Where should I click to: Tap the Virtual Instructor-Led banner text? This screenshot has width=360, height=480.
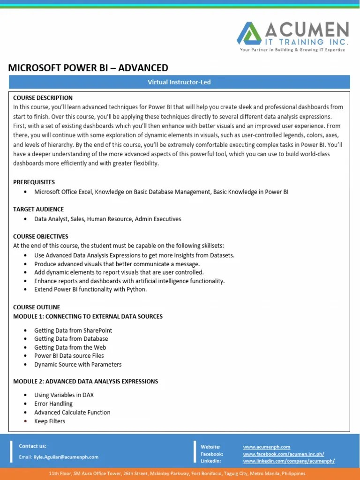coord(180,82)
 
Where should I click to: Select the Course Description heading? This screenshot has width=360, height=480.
coord(43,98)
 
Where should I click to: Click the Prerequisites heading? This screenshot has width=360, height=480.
coord(34,182)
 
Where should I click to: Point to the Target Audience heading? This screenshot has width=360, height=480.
coord(38,209)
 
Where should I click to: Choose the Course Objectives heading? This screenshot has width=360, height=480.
coord(41,236)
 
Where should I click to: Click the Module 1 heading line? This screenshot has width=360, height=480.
coord(88,316)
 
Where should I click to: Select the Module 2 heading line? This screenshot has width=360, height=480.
coord(85,381)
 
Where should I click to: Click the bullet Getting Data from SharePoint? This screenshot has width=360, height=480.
coord(73,330)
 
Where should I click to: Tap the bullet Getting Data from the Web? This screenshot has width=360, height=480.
coord(70,347)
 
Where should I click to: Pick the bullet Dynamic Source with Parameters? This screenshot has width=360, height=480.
coord(78,364)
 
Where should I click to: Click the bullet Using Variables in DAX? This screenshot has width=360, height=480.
coord(64,395)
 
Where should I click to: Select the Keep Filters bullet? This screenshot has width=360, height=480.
coord(50,421)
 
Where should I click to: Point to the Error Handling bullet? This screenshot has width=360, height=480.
coord(53,404)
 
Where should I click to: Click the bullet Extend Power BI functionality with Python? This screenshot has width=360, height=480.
coord(90,289)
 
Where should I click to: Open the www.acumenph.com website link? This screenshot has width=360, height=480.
coord(266,447)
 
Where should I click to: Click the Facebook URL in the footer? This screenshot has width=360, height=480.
coord(283,454)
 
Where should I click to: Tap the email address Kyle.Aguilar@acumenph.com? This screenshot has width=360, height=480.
coord(66,457)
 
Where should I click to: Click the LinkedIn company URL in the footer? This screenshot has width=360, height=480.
coord(289,461)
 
